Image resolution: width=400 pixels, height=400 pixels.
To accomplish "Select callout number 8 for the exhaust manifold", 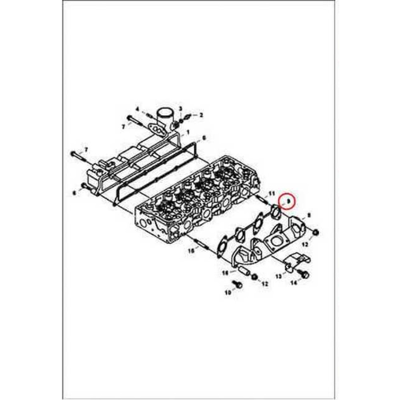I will click(309, 215).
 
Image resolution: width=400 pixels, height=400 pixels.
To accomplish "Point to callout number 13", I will click(278, 276).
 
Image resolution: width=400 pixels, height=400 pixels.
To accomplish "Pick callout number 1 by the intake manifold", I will click(188, 132).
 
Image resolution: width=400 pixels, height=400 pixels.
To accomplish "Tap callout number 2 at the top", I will click(201, 115).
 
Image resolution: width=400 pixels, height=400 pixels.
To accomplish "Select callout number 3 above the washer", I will click(180, 109).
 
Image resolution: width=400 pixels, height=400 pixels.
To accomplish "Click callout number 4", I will click(137, 109).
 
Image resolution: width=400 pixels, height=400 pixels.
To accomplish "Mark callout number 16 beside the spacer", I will click(225, 272).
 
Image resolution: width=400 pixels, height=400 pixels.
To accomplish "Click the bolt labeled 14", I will click(305, 275).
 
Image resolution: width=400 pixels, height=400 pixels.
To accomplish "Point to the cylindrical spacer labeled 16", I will click(243, 271).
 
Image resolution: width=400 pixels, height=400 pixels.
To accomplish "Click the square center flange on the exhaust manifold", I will click(276, 242).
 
